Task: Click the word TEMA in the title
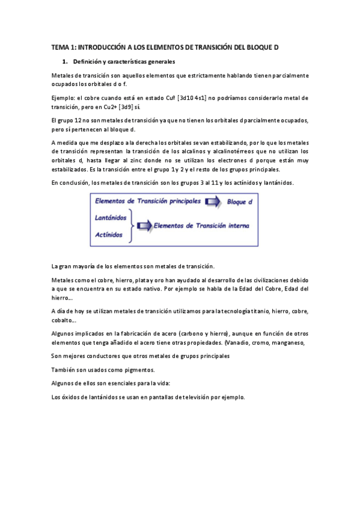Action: coord(60,46)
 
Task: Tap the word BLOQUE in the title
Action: coord(257,46)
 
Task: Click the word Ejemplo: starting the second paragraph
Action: coord(66,97)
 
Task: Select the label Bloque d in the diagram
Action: coord(239,203)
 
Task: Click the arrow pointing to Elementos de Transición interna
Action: coord(144,226)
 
